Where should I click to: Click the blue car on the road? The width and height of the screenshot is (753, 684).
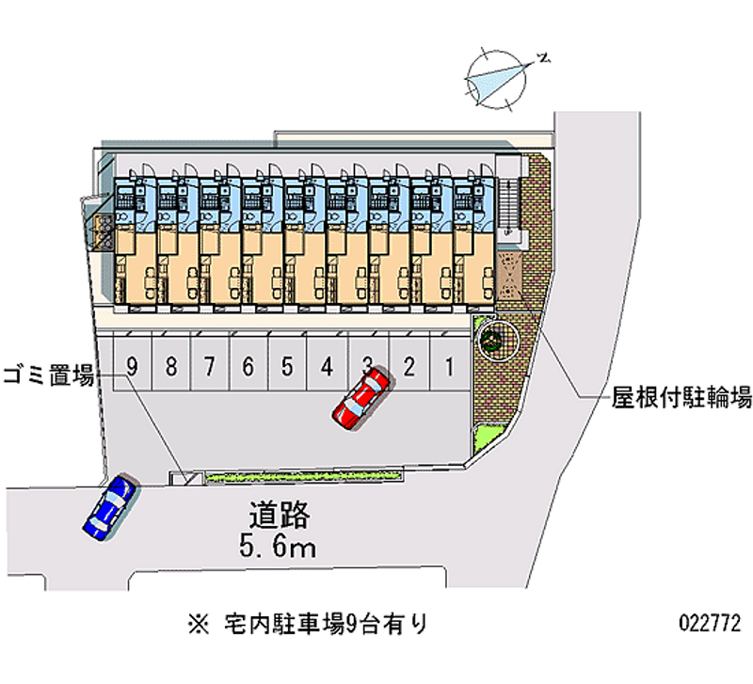108,508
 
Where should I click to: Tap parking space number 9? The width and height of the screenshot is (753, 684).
133,367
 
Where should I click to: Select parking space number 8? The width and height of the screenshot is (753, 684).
171,367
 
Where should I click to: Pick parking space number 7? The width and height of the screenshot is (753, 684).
210,367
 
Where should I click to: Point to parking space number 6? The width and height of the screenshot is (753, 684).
248,367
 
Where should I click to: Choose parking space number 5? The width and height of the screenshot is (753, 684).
287,367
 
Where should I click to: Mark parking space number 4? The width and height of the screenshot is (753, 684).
326,367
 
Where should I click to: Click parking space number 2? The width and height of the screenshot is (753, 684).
409,367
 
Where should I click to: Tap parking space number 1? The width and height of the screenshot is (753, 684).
450,367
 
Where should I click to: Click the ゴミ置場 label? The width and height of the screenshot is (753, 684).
47,375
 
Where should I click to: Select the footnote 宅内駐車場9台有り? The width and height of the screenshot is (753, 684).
326,623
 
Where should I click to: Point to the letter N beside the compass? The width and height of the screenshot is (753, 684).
543,59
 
